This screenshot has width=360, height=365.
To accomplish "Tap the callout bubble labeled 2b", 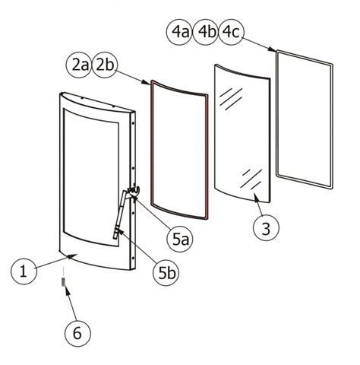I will (x=104, y=66).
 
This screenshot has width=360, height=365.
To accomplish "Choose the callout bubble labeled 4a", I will (x=180, y=33).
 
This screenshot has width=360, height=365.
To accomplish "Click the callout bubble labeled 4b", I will (x=206, y=33).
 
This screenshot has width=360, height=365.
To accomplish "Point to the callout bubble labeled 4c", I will (x=232, y=33).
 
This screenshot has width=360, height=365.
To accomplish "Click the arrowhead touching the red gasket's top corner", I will (x=149, y=81).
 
